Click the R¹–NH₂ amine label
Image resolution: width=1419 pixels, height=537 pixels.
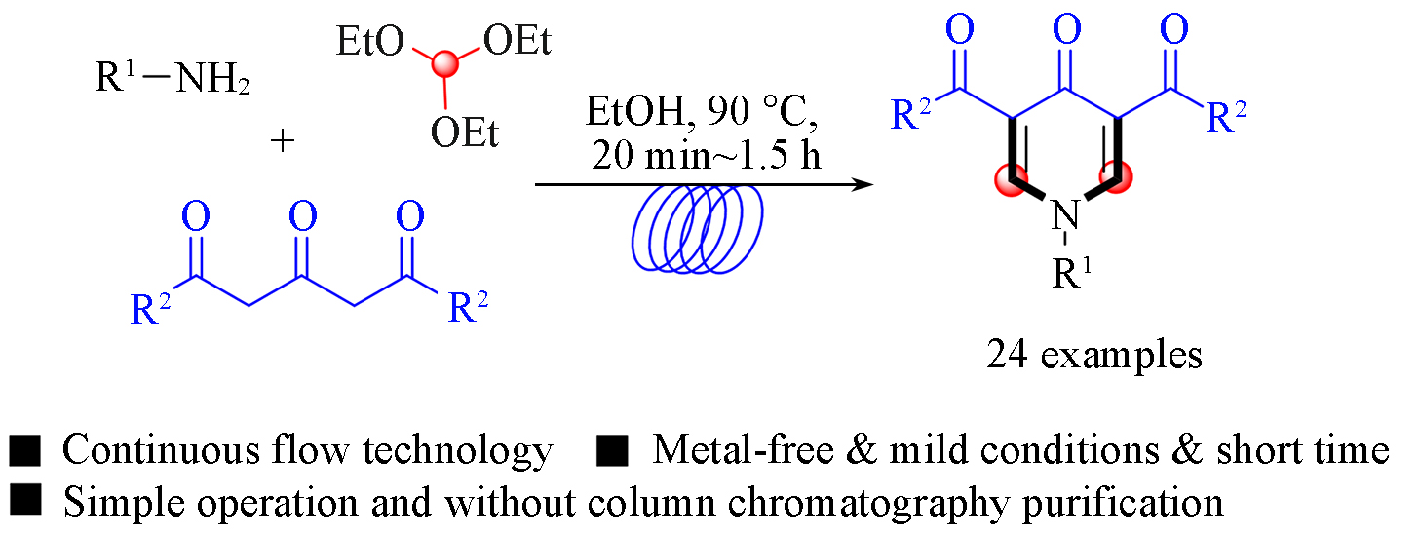click(173, 78)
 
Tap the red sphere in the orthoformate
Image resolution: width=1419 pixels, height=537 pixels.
click(445, 63)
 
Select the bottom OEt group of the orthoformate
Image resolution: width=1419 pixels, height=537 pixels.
click(464, 133)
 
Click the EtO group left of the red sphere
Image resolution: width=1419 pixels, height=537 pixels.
click(369, 41)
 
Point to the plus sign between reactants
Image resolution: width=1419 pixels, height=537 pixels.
click(283, 140)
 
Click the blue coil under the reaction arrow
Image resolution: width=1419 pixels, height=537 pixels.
click(697, 229)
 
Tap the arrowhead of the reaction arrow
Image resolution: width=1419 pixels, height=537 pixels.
click(863, 185)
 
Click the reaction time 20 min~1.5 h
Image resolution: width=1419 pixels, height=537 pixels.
click(707, 154)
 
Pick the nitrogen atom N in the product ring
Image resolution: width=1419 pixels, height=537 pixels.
click(1065, 214)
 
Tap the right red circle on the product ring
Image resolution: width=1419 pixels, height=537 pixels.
click(1116, 176)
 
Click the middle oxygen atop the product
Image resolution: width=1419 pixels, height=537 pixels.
click(1067, 29)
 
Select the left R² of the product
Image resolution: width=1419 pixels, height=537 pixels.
click(911, 115)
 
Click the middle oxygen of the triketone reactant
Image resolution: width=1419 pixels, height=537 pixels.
click(303, 216)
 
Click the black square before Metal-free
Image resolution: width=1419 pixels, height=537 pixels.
click(612, 450)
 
